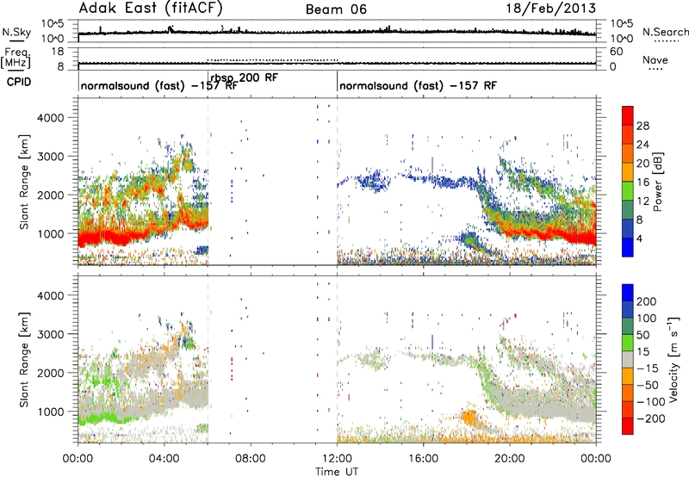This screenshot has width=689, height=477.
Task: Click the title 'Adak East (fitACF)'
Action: coord(151,8)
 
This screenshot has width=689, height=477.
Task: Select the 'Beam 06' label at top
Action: coord(336,9)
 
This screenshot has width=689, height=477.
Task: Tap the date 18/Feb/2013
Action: coord(551,8)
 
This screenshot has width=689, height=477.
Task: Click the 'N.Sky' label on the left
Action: coord(16,32)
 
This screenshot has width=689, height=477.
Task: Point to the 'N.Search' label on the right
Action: coord(665,32)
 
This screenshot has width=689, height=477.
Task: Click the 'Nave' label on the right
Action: coord(655,59)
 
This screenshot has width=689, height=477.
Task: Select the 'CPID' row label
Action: coord(19,82)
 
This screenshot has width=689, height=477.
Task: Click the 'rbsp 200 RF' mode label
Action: coord(245,77)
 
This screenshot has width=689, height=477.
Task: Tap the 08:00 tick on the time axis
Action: coord(251,459)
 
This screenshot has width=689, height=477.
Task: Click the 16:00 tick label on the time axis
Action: coord(423,459)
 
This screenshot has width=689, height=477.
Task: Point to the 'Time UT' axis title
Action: coord(337,472)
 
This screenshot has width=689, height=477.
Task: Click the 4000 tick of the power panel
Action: coord(51,118)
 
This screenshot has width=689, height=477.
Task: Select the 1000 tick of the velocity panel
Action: coord(51,412)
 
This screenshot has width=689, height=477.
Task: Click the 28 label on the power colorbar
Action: coord(642,126)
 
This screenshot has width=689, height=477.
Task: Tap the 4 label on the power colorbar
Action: coord(639,238)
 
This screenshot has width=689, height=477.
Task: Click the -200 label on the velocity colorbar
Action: coord(650,419)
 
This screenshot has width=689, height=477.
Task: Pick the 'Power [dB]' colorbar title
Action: coord(657,182)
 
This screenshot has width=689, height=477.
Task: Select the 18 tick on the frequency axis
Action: coord(59,52)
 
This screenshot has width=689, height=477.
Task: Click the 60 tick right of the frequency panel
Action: coord(616,52)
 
